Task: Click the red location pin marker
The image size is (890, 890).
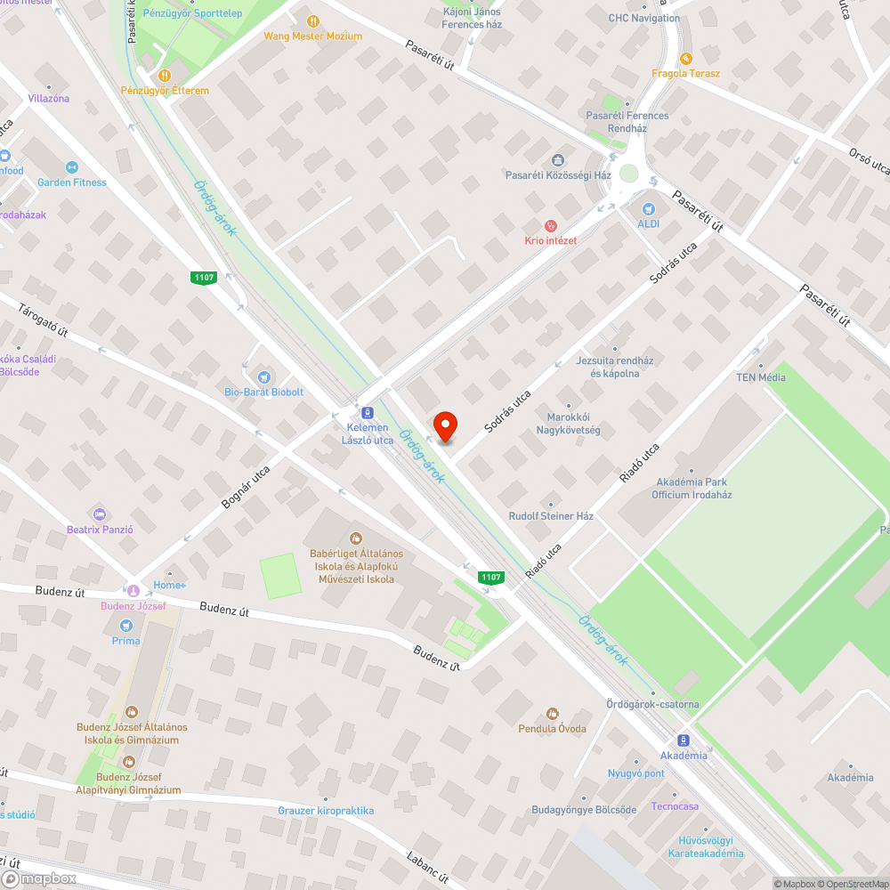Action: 444,426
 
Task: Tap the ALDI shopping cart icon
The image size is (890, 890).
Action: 648,208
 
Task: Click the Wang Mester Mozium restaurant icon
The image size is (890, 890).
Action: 312,21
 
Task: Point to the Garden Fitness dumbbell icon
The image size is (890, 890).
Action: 72,167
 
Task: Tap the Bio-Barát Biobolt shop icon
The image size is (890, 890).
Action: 263,377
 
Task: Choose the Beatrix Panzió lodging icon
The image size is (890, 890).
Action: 99,514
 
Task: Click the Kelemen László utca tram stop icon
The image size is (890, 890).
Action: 366,413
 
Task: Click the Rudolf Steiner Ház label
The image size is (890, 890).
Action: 551,516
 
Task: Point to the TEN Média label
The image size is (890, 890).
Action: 760,377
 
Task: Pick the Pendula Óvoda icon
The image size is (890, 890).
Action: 552,714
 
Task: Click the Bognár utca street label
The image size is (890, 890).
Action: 245,487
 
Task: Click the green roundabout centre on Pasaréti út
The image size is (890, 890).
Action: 629,174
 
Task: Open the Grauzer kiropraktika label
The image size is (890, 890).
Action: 326,811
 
